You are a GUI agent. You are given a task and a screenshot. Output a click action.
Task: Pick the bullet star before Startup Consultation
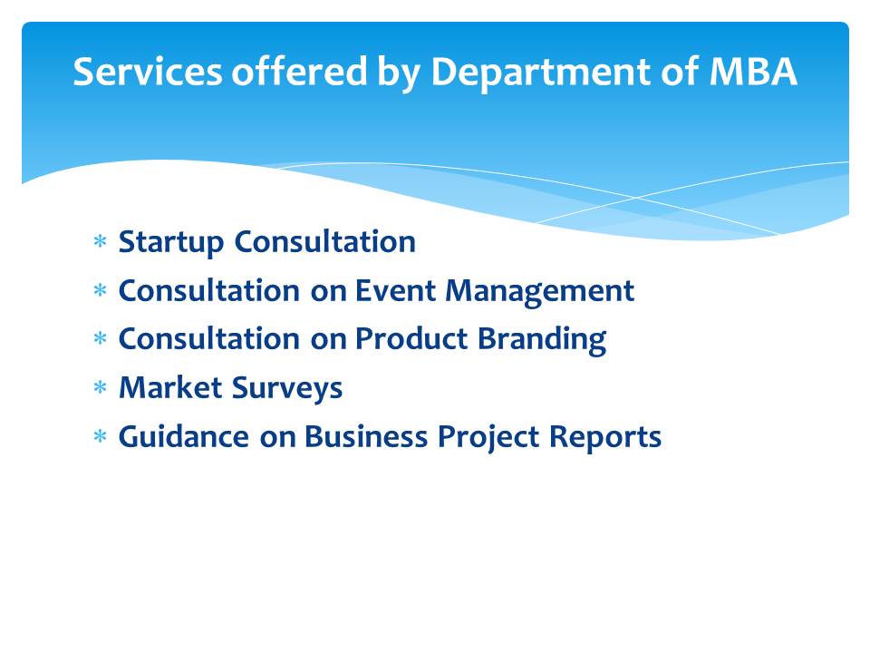click(x=100, y=241)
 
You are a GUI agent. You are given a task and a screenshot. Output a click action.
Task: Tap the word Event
click(x=396, y=290)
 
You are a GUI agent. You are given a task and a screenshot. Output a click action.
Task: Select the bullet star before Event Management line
click(x=100, y=290)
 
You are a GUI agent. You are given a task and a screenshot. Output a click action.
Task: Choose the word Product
click(x=411, y=338)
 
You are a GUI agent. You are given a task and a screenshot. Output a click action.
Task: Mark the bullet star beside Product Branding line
click(x=100, y=338)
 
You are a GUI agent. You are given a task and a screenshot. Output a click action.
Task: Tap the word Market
click(x=171, y=387)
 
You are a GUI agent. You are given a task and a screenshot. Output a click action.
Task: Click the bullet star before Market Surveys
click(x=100, y=387)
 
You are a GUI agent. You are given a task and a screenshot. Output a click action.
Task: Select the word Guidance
click(x=184, y=436)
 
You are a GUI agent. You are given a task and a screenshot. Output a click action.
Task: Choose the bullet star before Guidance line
click(x=100, y=436)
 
